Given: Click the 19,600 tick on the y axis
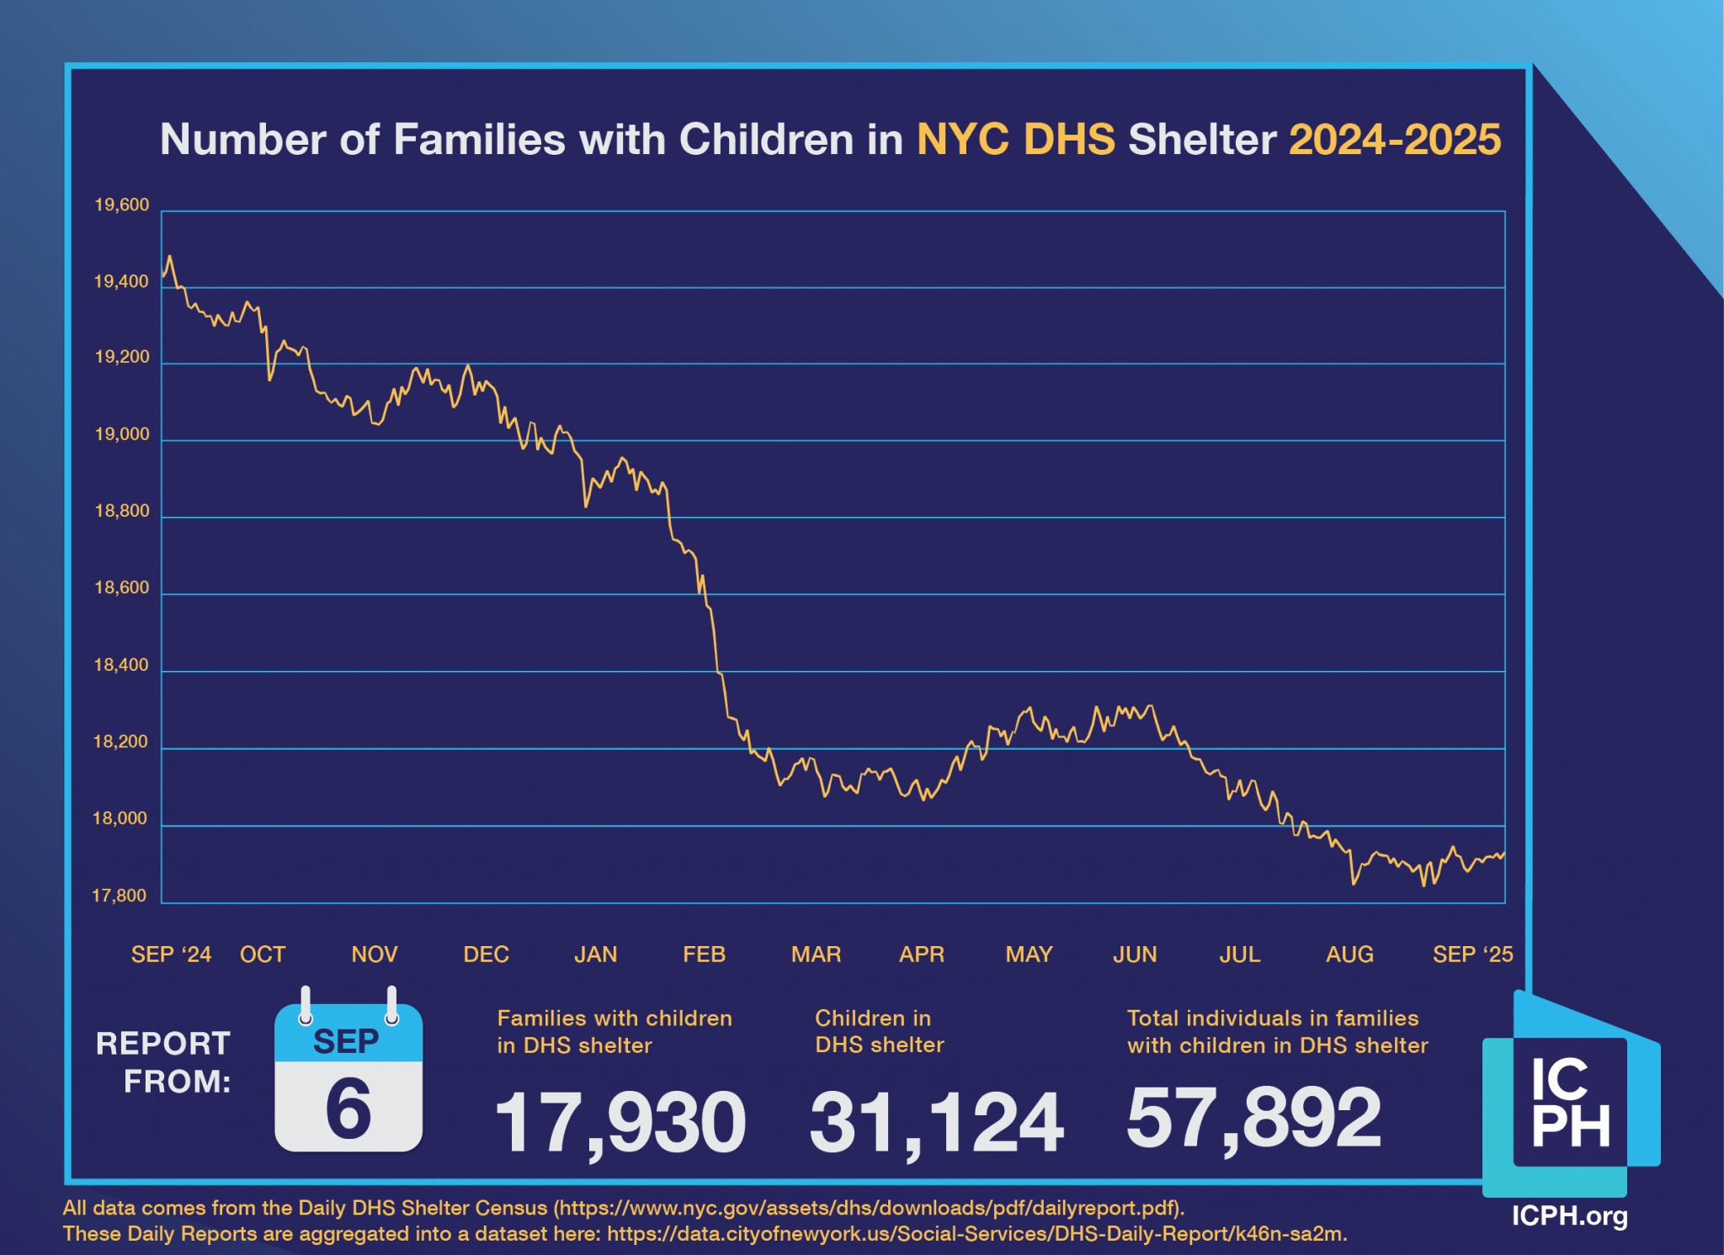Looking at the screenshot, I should pos(121,205).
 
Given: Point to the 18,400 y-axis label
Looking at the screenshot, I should pos(121,665).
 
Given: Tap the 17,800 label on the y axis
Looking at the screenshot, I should pos(120,896).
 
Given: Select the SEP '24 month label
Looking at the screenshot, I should pos(171,955).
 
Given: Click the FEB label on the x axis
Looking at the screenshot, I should pos(704,955).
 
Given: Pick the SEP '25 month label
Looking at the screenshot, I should pos(1472,955).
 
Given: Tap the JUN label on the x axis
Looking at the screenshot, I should pos(1135,955).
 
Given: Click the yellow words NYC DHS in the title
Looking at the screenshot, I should pos(1015,140).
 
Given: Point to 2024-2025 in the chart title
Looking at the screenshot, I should pos(1394,140).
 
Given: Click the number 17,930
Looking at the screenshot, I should pos(620,1122).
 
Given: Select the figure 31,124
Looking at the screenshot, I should pos(936,1122).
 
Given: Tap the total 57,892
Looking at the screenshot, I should pos(1253,1117).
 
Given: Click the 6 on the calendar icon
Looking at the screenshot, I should pos(348,1109).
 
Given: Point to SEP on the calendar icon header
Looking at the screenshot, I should pos(346,1042).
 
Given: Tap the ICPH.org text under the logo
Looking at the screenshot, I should pos(1569,1216).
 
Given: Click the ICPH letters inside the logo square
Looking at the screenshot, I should pos(1570,1103).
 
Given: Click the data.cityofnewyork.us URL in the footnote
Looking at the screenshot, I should pos(975,1234).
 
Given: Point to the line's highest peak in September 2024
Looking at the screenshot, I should pos(169,256).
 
